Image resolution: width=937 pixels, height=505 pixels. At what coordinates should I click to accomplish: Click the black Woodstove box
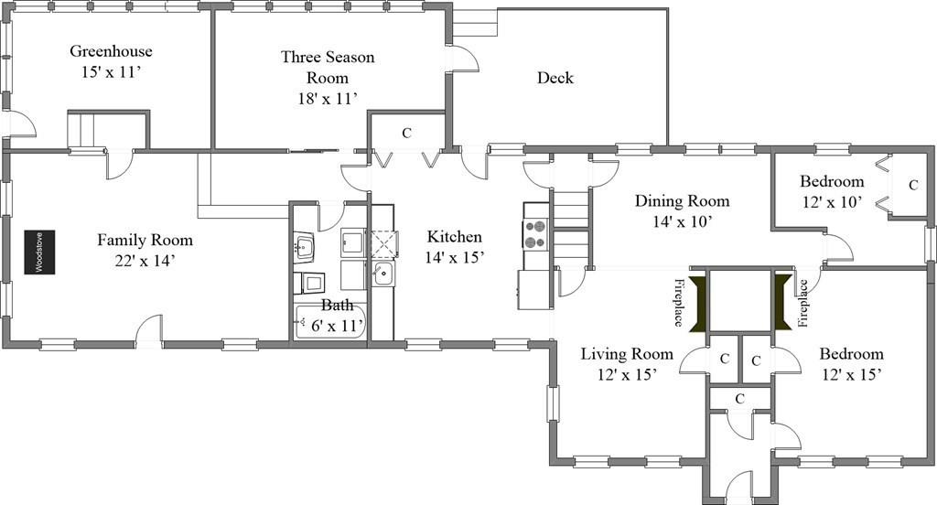pos(39,252)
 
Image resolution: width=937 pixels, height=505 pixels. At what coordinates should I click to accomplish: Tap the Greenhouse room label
pos(111,51)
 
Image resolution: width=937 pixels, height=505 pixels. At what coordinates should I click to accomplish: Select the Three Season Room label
pos(328,67)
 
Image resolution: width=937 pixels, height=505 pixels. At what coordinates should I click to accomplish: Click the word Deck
pos(555,78)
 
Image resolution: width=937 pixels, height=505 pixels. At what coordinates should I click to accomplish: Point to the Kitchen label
pos(454,237)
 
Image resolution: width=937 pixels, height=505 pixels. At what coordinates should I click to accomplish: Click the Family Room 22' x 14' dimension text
pos(145,260)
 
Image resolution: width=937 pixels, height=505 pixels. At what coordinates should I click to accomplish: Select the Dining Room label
pos(682,200)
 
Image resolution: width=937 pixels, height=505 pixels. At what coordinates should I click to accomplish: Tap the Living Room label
pos(627,354)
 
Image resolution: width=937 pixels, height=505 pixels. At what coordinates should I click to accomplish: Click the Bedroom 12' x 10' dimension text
pos(832,202)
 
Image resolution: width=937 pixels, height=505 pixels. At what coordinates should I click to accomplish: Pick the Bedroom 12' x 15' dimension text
pos(852,375)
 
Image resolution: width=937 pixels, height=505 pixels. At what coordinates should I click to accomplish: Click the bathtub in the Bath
pos(329,322)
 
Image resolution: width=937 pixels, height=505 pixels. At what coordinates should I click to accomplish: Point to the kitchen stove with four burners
pos(535,233)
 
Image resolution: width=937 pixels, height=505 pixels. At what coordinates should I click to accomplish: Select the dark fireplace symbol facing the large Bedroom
pos(782,302)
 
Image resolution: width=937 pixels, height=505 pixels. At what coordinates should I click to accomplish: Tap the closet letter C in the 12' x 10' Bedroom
pos(912,186)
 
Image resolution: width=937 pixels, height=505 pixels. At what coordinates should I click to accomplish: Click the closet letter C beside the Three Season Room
pos(406,133)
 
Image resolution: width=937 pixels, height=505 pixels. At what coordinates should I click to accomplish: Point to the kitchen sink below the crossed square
pos(382,274)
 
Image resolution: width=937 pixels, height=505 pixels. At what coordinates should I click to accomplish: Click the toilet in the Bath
pos(310,282)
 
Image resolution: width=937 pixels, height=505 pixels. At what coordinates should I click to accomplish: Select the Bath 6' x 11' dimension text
pos(337,326)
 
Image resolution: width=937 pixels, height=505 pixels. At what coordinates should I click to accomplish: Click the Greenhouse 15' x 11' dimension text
pos(111,72)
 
